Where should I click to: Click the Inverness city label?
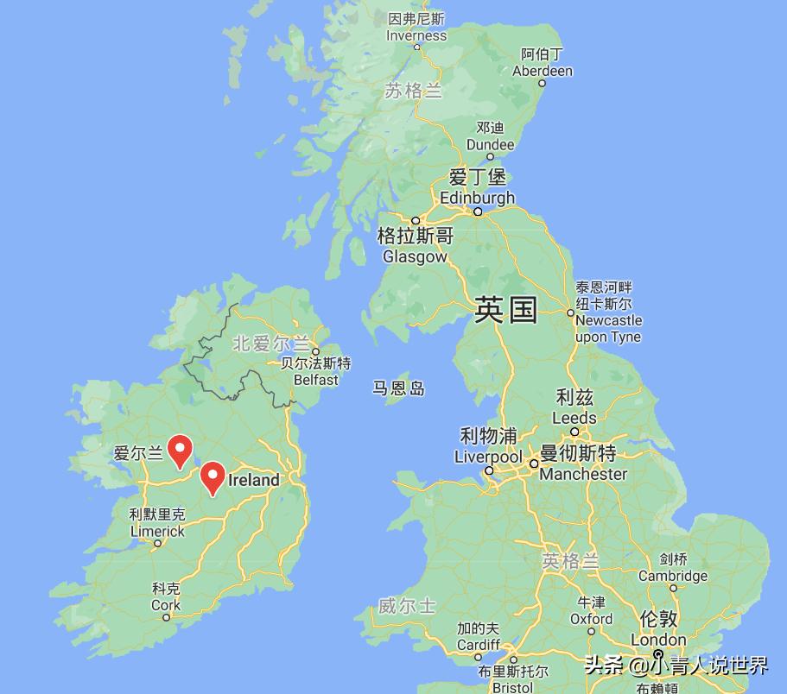416,35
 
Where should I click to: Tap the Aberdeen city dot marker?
543,84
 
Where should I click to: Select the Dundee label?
490,145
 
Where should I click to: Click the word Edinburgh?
477,198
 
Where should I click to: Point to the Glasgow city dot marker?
416,220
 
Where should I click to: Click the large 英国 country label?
506,309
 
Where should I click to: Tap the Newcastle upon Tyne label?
608,329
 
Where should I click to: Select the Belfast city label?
316,379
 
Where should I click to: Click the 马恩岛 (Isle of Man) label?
399,388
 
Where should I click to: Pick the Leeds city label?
574,418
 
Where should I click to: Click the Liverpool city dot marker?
489,470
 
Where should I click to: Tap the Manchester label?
583,474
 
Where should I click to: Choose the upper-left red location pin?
179,449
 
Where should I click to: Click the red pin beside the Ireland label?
213,476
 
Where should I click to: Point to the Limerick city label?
157,532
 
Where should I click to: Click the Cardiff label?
478,644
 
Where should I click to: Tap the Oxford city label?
591,618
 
